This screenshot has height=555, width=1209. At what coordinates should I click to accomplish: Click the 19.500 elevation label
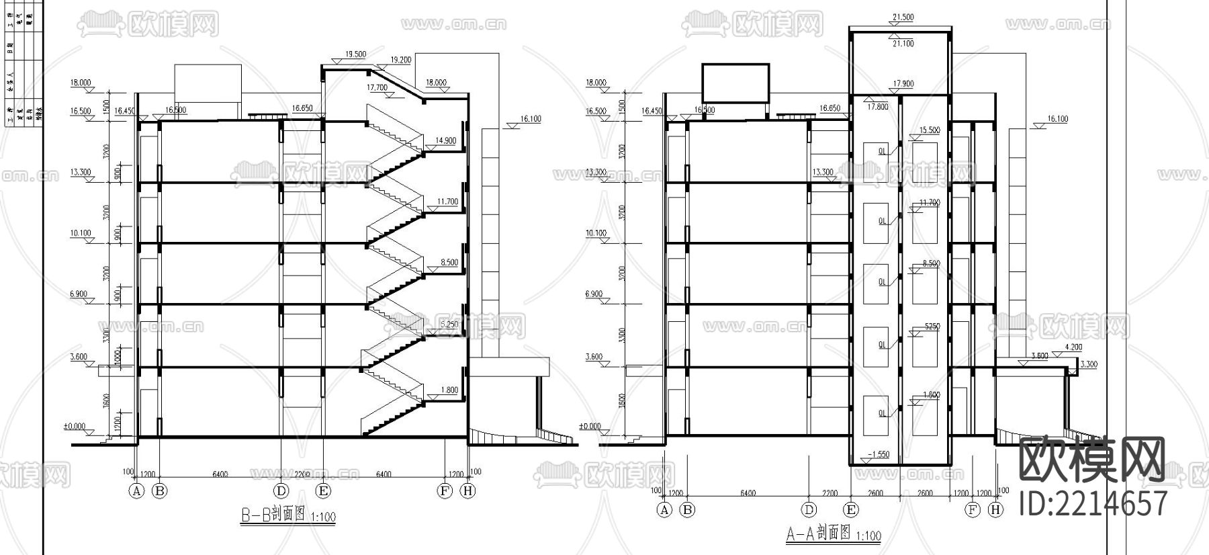coord(355,54)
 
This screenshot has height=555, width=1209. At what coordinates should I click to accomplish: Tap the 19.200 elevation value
coord(400,60)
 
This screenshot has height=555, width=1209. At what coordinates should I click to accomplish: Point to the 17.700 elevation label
coord(377,87)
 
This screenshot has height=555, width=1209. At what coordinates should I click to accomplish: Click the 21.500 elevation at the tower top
coord(903,17)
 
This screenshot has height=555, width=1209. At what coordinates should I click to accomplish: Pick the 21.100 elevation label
coord(903,44)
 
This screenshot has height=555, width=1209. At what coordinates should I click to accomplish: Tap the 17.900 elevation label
coord(903,84)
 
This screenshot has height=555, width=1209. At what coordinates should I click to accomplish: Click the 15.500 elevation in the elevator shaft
coord(930,130)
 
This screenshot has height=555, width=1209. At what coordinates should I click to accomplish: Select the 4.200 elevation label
coord(1073,347)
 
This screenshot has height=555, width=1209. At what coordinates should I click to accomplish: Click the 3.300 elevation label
coord(1089,364)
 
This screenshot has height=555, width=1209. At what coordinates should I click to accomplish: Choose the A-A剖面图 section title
coord(819,534)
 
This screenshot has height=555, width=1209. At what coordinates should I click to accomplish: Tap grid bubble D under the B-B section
coord(281,491)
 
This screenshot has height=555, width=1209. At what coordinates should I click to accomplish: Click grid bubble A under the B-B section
coord(137,491)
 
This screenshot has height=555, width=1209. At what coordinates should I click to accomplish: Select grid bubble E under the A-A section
coord(851,510)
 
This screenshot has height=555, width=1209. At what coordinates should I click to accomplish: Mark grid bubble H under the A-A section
coord(996,510)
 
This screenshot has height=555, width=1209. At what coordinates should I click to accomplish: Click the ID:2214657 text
coord(1093,503)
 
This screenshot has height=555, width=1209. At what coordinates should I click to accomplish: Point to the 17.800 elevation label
coord(877,107)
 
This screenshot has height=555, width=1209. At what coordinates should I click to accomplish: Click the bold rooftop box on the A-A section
coord(735,83)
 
